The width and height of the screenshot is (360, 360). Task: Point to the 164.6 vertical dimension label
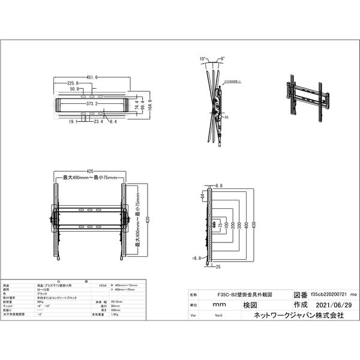150,105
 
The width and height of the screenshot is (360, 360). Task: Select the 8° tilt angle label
223,59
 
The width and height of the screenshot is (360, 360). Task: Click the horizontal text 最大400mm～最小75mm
89,178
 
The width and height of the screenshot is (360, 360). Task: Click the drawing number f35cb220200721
327,295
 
